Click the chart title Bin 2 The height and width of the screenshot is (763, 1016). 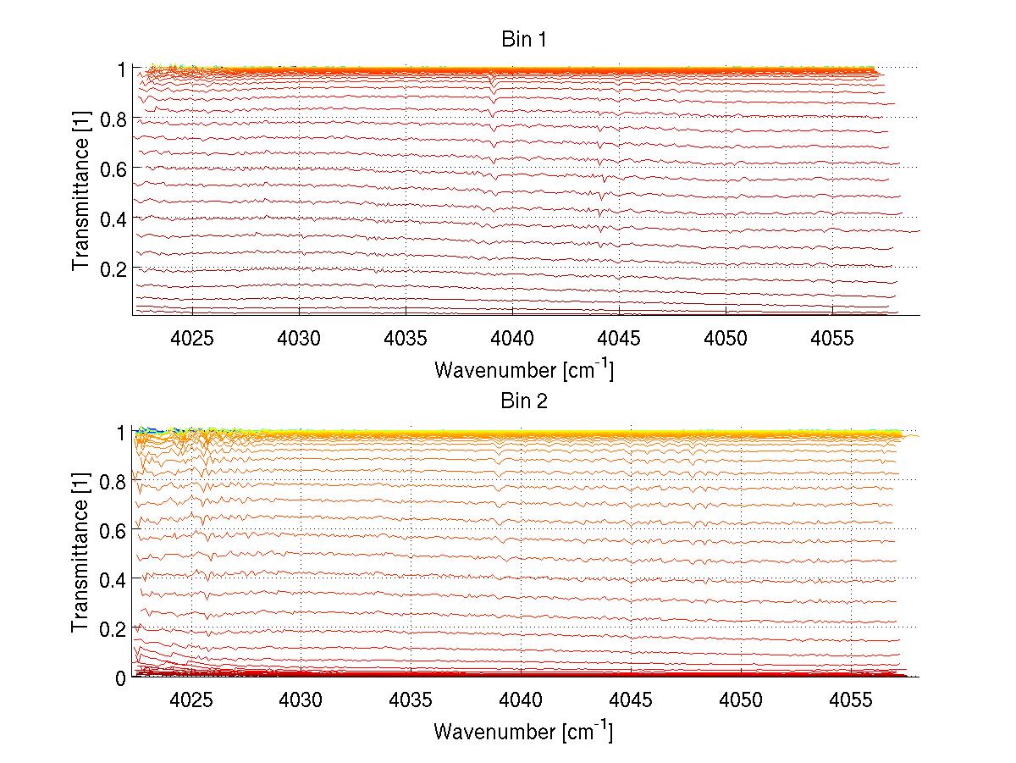coord(525,401)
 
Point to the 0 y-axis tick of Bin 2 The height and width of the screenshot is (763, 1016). coord(122,677)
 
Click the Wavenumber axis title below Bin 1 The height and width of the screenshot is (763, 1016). coord(523,369)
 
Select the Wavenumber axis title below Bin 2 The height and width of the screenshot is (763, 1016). coord(523,731)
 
